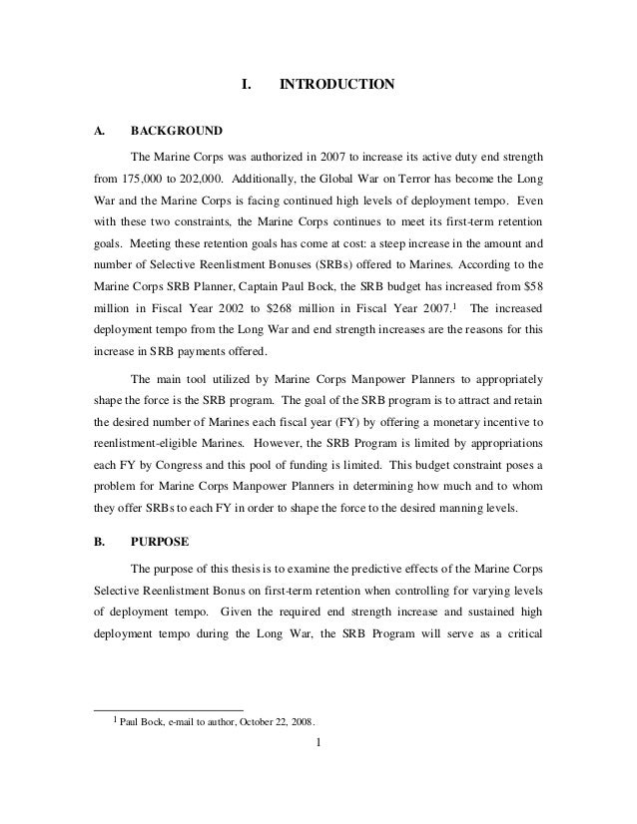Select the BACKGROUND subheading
click(176, 131)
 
